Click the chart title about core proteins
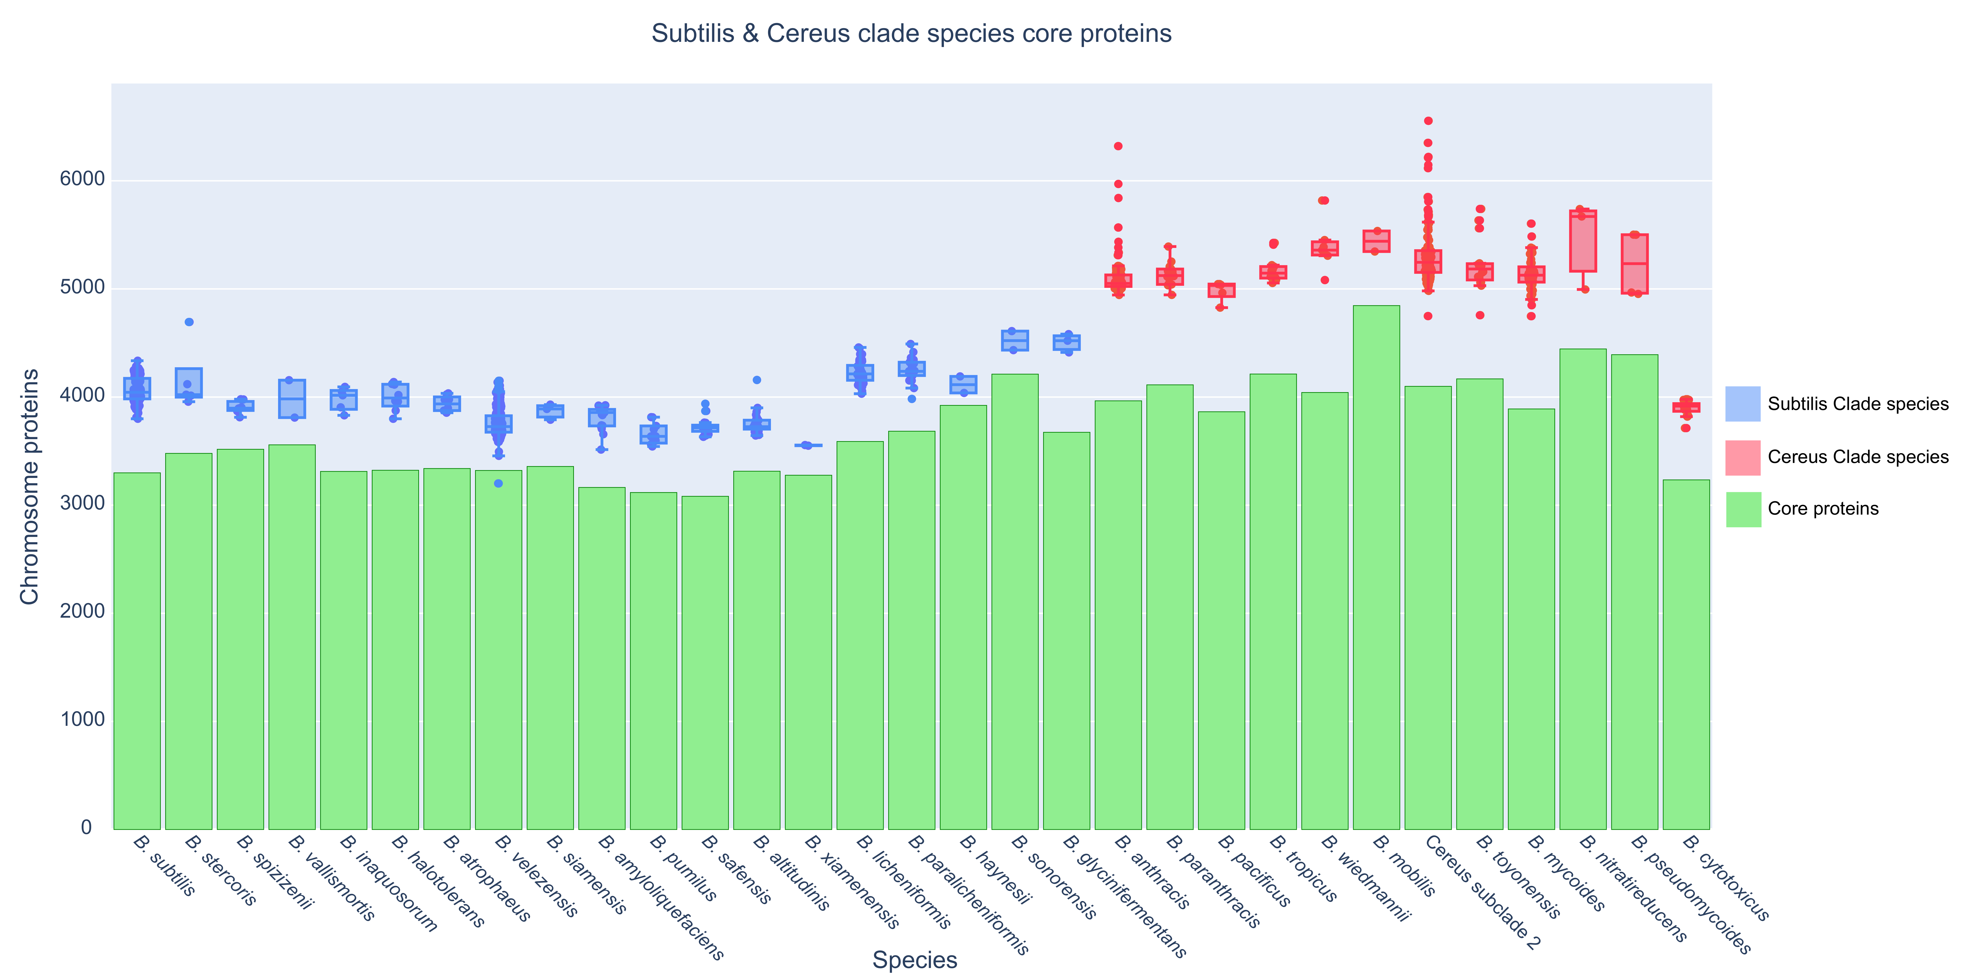coord(911,34)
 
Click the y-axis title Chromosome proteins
coord(29,487)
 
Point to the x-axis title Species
coord(914,959)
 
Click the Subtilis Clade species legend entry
coord(1857,404)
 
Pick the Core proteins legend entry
coord(1822,509)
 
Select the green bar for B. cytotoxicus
coord(1686,654)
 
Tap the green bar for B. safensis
coord(705,662)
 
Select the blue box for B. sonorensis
coord(1014,340)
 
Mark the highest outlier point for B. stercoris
coord(189,322)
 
